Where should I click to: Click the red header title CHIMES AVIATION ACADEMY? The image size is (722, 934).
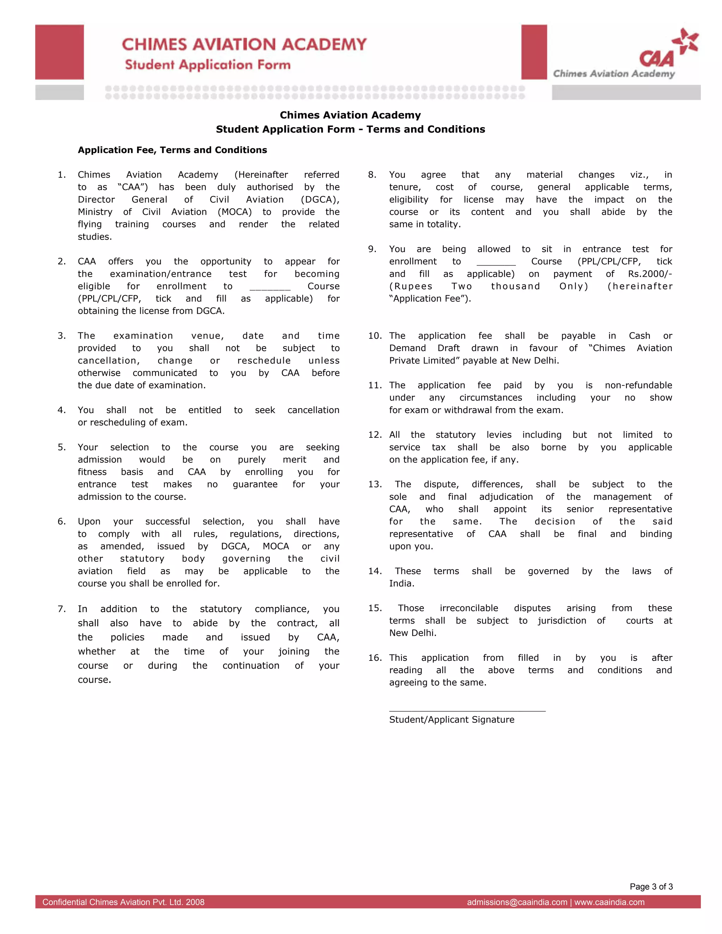pos(244,44)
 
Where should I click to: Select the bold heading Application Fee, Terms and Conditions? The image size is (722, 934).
pos(172,150)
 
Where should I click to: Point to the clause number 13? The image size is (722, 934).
pos(375,485)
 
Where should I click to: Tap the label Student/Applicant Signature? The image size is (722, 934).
pos(452,720)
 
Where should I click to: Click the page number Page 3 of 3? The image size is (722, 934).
pos(651,886)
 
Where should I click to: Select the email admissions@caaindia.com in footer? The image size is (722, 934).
pos(517,902)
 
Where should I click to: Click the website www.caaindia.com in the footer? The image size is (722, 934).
pos(609,902)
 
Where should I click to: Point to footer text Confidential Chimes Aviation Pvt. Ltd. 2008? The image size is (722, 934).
pos(123,902)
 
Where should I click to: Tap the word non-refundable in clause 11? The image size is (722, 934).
pos(638,385)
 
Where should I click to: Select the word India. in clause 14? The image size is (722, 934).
pos(400,584)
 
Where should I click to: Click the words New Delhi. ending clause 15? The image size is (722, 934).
pos(413,633)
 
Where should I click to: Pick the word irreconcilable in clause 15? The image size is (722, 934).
pos(469,608)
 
